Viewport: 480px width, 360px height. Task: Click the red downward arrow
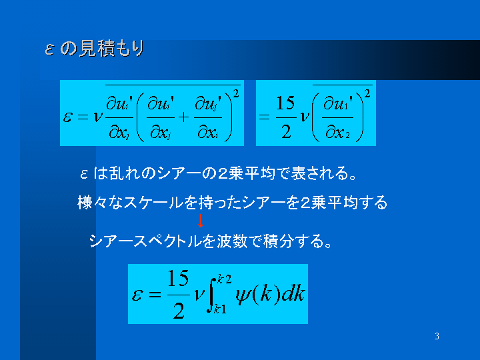(201, 221)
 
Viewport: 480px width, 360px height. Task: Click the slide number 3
(437, 336)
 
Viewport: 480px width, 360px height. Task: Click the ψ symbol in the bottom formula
(243, 295)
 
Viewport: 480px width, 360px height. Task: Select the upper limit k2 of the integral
(225, 279)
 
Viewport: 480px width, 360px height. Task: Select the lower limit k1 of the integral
(221, 309)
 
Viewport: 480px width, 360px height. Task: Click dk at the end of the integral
(293, 294)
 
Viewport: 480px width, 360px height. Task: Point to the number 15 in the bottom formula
(178, 278)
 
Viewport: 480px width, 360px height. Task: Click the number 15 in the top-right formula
(285, 103)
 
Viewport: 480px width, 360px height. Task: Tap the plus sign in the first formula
(184, 117)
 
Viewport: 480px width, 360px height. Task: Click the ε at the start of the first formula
(67, 117)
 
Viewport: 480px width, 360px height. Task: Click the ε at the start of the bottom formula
(137, 295)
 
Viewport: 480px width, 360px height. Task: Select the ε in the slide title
(49, 49)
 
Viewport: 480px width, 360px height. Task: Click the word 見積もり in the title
(111, 49)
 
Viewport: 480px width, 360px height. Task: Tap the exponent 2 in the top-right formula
(367, 93)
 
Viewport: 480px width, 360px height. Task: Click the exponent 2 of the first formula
(236, 93)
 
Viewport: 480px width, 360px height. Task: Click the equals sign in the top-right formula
(264, 117)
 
